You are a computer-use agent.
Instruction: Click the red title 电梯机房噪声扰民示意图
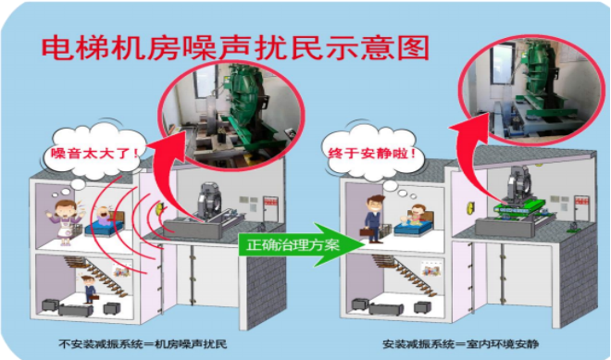coord(235,48)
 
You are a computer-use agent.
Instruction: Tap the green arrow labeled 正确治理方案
coord(301,244)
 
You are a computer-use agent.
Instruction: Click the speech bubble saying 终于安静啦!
coord(373,153)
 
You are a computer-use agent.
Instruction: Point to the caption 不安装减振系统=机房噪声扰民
coord(143,344)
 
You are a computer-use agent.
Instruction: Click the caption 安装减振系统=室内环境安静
coord(460,344)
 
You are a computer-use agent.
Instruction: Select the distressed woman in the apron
coord(65,222)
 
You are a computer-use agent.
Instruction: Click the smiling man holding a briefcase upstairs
coord(374,218)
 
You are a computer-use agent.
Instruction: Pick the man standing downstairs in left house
coord(89,289)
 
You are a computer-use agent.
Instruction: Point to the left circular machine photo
coord(231,114)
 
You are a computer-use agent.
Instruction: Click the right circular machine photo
coord(532,90)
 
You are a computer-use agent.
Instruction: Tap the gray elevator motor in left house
coord(209,203)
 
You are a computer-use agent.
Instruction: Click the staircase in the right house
coord(404,274)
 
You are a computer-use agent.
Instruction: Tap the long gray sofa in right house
coord(386,308)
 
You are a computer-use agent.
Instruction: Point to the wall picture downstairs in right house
coord(432,268)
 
